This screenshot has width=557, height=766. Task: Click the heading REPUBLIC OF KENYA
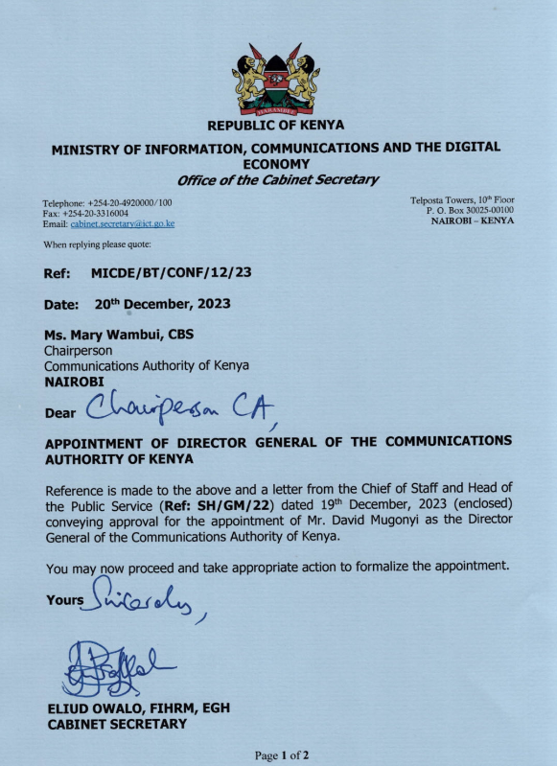point(276,125)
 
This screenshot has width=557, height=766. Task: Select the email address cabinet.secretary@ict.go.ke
point(122,223)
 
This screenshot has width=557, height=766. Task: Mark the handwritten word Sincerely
point(145,598)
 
